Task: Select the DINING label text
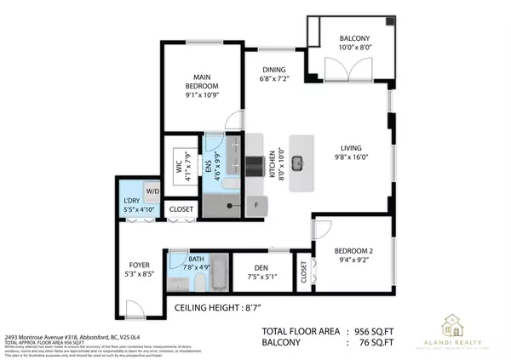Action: [273, 70]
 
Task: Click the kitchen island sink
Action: [298, 162]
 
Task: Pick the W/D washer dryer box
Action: [152, 191]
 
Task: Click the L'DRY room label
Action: [134, 203]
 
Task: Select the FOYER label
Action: [140, 265]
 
